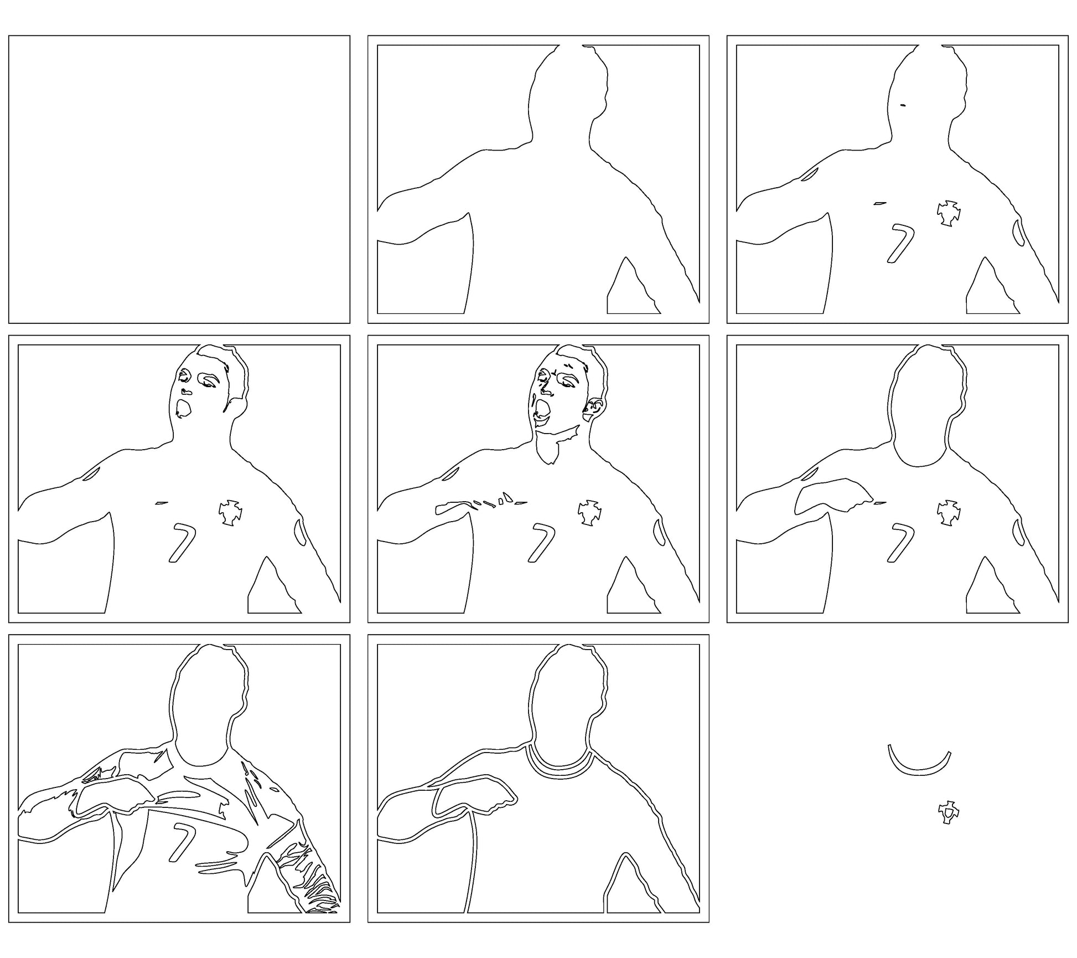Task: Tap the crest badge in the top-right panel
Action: tap(949, 213)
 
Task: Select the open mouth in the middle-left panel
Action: tap(183, 408)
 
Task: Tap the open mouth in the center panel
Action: tap(543, 409)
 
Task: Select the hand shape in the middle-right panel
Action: tap(830, 497)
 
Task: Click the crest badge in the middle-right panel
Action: tap(949, 513)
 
